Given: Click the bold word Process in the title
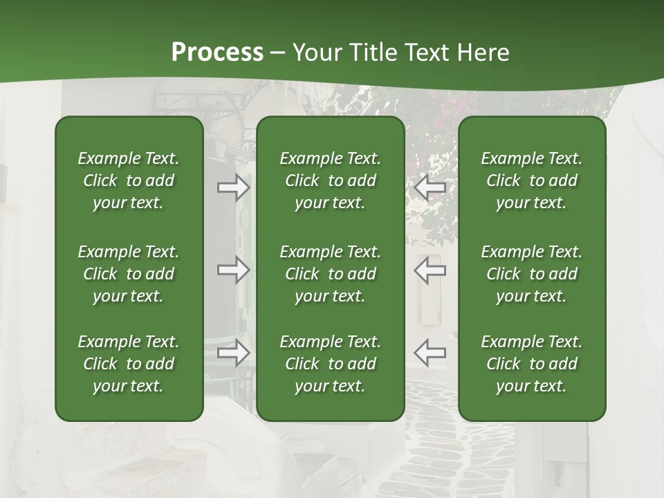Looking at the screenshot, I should click(x=217, y=53).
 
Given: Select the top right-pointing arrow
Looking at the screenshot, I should click(x=233, y=187).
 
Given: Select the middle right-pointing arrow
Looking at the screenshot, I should click(x=233, y=270).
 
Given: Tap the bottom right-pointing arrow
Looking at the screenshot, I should click(x=233, y=352).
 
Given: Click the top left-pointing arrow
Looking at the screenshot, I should click(x=430, y=187).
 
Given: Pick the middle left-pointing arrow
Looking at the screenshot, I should click(x=430, y=270).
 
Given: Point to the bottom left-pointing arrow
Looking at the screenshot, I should click(x=430, y=352).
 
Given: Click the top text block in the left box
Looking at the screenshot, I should click(x=128, y=181).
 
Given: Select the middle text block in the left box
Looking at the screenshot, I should click(x=128, y=274).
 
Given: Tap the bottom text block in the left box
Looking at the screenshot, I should click(x=128, y=364).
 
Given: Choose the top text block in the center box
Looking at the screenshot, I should click(x=330, y=181).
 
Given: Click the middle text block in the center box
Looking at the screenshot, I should click(x=330, y=274).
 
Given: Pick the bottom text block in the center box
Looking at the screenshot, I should click(x=330, y=364).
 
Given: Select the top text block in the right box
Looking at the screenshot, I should click(x=531, y=181).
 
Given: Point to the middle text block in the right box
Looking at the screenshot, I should click(x=531, y=274).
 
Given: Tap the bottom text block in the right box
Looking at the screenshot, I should click(x=531, y=364).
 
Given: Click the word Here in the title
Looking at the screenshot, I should click(x=482, y=53).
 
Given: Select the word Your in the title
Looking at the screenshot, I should click(x=317, y=53).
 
